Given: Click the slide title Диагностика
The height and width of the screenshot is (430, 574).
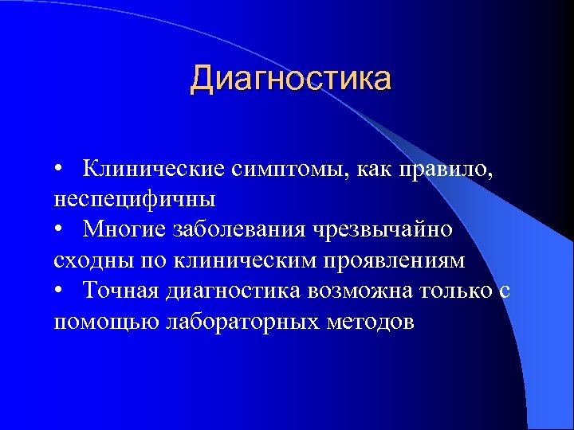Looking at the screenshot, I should coord(291,80).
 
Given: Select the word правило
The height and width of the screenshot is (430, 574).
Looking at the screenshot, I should coord(451,169).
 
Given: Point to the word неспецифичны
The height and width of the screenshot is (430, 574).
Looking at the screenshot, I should coord(135,199).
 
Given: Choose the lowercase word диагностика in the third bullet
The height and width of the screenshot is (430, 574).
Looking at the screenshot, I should coord(234,291).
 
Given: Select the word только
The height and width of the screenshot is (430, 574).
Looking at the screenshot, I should coord(452,291).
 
